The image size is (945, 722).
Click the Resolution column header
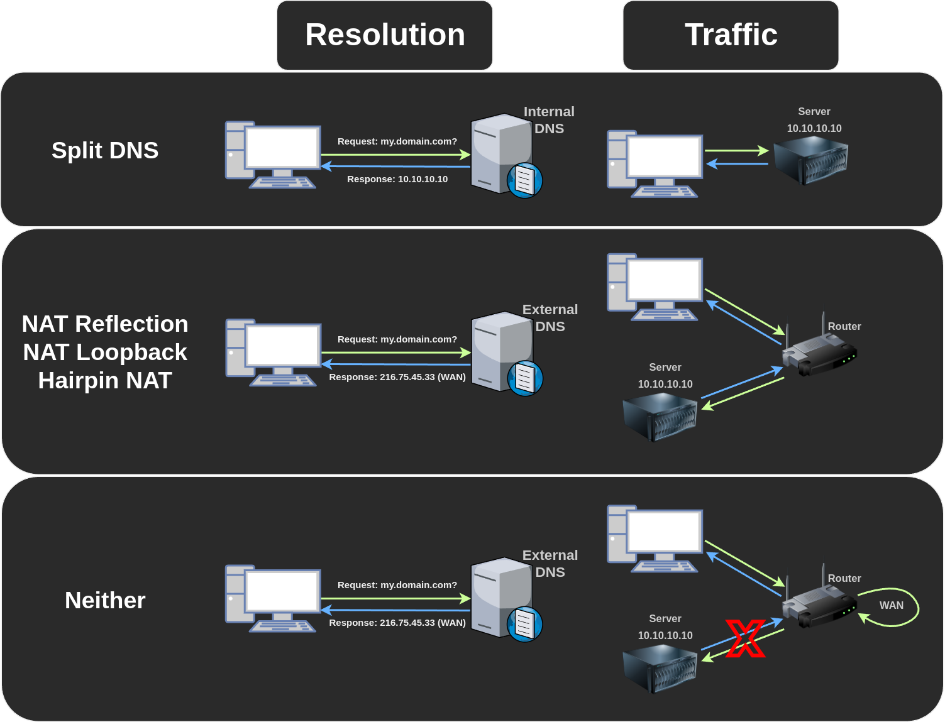385,35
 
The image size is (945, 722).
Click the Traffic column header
731,35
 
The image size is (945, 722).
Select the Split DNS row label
105,151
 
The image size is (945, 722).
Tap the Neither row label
105,601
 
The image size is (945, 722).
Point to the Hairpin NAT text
105,381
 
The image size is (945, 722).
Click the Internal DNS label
549,120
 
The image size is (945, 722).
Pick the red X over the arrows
746,638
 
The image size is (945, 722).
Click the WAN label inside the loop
891,605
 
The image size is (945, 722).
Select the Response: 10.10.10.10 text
397,179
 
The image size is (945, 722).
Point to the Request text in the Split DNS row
397,141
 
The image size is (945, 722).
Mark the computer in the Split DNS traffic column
655,163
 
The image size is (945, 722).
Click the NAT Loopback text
105,353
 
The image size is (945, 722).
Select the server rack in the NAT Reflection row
660,416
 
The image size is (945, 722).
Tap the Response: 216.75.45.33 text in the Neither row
397,623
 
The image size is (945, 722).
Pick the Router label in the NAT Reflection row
844,327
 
